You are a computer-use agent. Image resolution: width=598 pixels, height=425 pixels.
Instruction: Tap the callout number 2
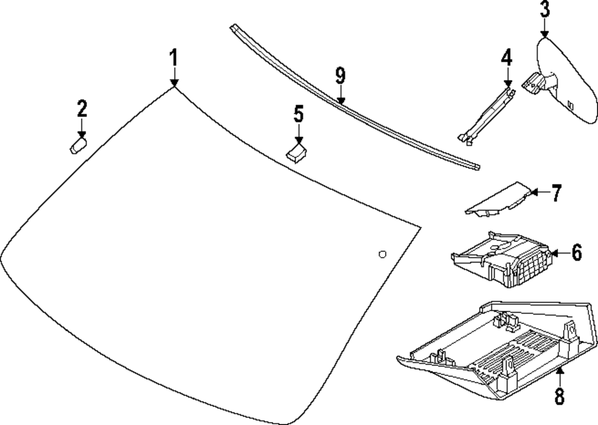click(81, 109)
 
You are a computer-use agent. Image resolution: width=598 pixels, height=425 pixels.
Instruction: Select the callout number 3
click(544, 10)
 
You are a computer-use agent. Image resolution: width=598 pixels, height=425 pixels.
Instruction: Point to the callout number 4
click(507, 59)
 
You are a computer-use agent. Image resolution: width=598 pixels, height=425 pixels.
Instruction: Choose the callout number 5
click(298, 114)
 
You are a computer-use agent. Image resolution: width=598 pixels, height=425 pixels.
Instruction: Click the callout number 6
click(576, 253)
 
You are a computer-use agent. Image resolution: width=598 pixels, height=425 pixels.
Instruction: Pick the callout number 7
click(556, 193)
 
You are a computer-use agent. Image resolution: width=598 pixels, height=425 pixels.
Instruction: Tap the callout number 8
click(559, 396)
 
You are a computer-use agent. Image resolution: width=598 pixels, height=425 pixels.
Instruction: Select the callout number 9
click(340, 76)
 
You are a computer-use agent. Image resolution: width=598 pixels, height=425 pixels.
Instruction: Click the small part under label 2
click(78, 145)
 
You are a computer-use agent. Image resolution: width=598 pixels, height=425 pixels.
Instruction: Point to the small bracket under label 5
click(297, 152)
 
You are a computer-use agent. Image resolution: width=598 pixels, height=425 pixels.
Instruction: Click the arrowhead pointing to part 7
click(535, 192)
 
